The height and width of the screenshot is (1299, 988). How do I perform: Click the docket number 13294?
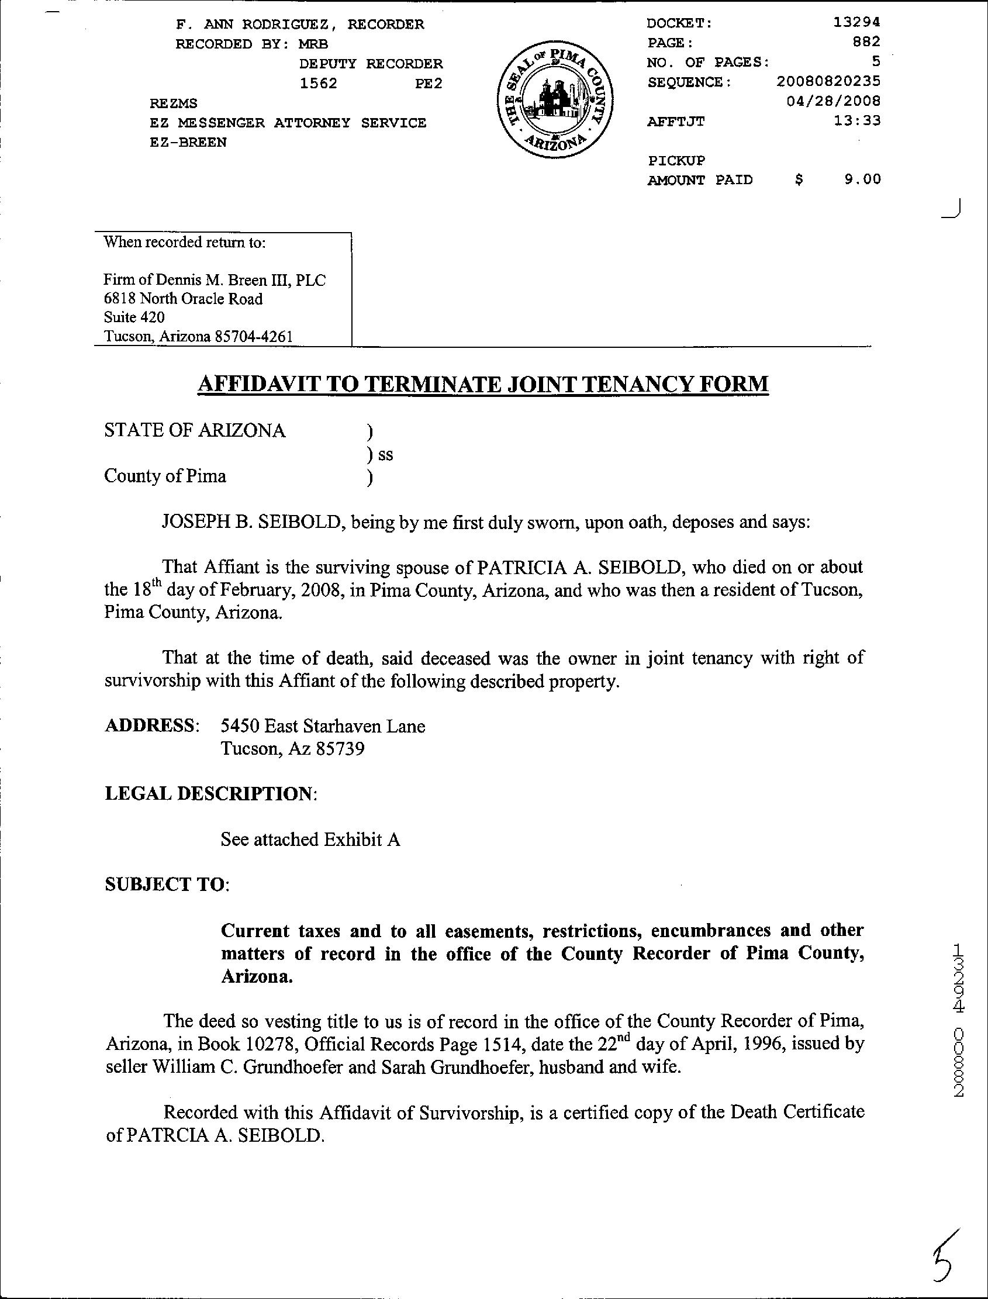857,23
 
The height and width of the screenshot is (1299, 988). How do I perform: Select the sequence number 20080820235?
828,81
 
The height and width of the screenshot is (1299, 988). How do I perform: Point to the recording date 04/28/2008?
833,101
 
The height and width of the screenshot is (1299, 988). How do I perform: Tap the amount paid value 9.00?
862,180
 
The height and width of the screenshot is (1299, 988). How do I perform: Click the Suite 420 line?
134,317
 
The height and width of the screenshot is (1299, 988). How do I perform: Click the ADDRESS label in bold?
151,725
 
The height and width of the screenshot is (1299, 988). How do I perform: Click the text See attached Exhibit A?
310,839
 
